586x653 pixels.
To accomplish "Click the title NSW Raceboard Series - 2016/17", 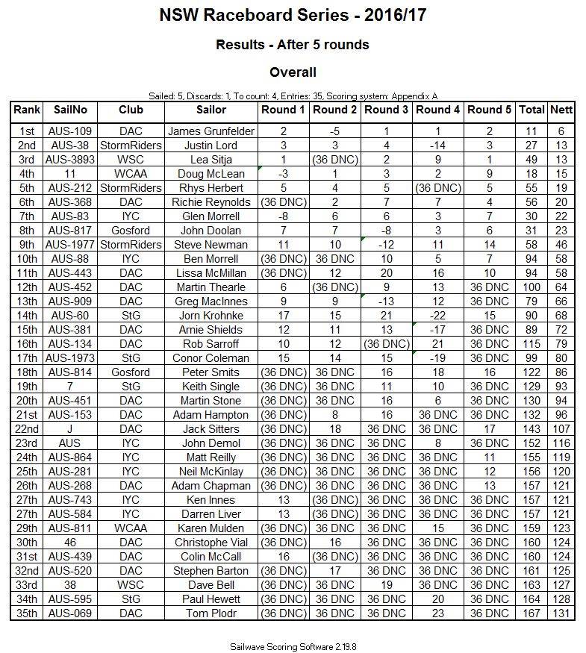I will point(292,15).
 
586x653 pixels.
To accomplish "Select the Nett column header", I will point(561,110).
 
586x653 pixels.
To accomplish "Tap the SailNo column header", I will point(70,110).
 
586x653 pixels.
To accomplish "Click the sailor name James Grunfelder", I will point(211,131).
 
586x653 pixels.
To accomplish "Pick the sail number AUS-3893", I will point(70,160).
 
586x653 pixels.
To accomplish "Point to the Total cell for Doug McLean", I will point(532,174).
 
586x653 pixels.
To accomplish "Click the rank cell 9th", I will point(27,245).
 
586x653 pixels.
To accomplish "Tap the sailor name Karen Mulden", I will point(211,528).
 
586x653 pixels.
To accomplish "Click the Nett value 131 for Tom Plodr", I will point(561,613).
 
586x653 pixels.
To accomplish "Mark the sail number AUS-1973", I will point(70,358).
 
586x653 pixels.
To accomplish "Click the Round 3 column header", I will point(386,110).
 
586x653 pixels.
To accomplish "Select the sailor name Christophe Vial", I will point(211,543).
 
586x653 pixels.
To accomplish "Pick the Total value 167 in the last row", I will point(532,613).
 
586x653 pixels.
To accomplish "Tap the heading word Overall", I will point(292,72).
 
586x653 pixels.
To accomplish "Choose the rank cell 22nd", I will point(27,429).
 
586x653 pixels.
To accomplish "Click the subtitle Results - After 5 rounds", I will point(292,45).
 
